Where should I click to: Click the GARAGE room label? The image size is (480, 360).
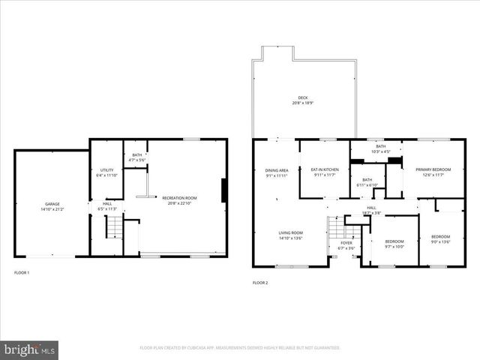[x=52, y=204]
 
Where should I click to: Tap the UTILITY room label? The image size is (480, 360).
[x=106, y=170]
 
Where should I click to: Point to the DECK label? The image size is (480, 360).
[x=302, y=97]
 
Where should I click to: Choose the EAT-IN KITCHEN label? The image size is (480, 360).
[x=325, y=169]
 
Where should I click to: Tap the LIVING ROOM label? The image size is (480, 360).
[x=291, y=233]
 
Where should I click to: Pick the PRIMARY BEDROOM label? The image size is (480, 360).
[x=433, y=169]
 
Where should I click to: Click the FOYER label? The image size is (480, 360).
[x=346, y=243]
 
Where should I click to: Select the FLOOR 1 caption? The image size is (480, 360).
[x=22, y=272]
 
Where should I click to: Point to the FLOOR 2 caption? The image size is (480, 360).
[x=260, y=283]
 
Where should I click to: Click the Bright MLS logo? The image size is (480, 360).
[x=29, y=349]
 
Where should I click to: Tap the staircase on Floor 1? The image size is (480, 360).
[x=113, y=226]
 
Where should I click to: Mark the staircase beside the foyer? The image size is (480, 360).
[x=337, y=226]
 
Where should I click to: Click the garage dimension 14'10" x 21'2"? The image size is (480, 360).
[x=52, y=208]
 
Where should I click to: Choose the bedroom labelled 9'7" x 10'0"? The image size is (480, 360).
[x=394, y=244]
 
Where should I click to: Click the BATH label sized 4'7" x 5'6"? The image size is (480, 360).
[x=136, y=157]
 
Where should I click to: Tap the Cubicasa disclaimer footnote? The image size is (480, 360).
[x=240, y=348]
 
